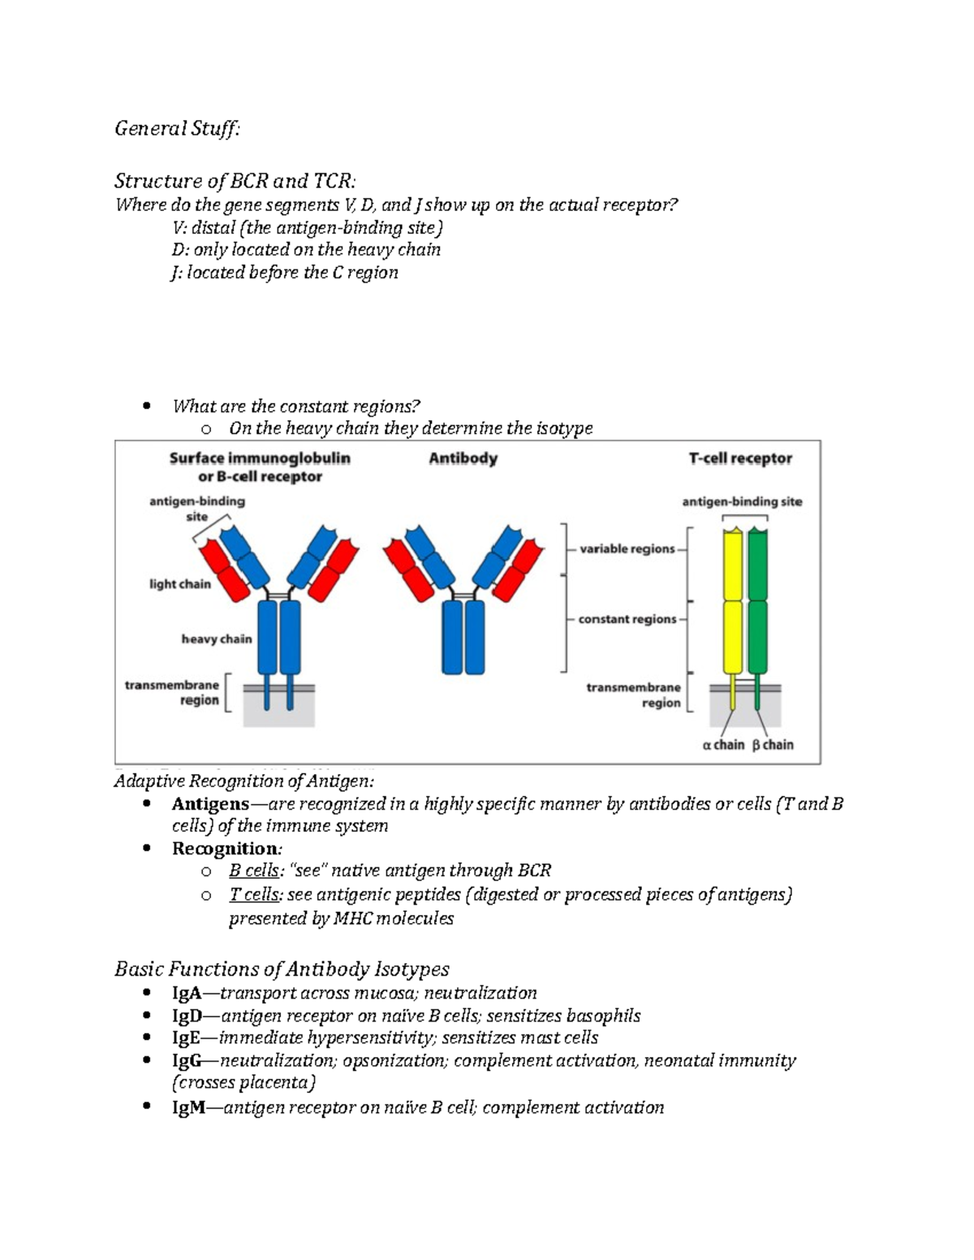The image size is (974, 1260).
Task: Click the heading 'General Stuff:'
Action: (177, 128)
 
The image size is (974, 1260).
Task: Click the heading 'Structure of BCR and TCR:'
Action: (235, 179)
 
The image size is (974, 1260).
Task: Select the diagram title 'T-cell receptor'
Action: (740, 458)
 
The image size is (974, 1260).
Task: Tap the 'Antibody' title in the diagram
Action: (463, 458)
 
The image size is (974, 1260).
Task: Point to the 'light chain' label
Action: (179, 584)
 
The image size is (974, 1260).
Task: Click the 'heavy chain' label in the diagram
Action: (216, 639)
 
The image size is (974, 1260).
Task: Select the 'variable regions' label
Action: (627, 549)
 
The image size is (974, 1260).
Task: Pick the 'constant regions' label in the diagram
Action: (627, 619)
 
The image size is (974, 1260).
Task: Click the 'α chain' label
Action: (722, 745)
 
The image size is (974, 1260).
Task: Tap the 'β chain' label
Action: (773, 745)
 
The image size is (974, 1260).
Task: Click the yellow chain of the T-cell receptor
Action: (733, 600)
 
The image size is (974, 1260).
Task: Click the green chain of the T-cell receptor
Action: (757, 600)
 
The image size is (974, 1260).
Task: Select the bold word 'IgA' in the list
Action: (187, 993)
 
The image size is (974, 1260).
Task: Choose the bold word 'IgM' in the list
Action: (188, 1107)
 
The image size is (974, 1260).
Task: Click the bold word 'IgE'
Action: (186, 1038)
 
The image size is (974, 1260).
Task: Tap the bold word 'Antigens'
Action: (210, 804)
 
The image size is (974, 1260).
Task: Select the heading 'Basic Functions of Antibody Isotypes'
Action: (282, 969)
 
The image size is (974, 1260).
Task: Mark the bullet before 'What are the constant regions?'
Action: (146, 406)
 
